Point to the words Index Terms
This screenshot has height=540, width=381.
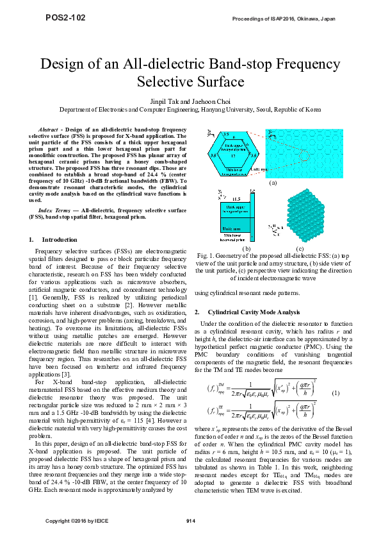(54, 210)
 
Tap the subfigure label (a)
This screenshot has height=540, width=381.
(273, 182)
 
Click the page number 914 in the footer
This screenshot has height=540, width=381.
(190, 519)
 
